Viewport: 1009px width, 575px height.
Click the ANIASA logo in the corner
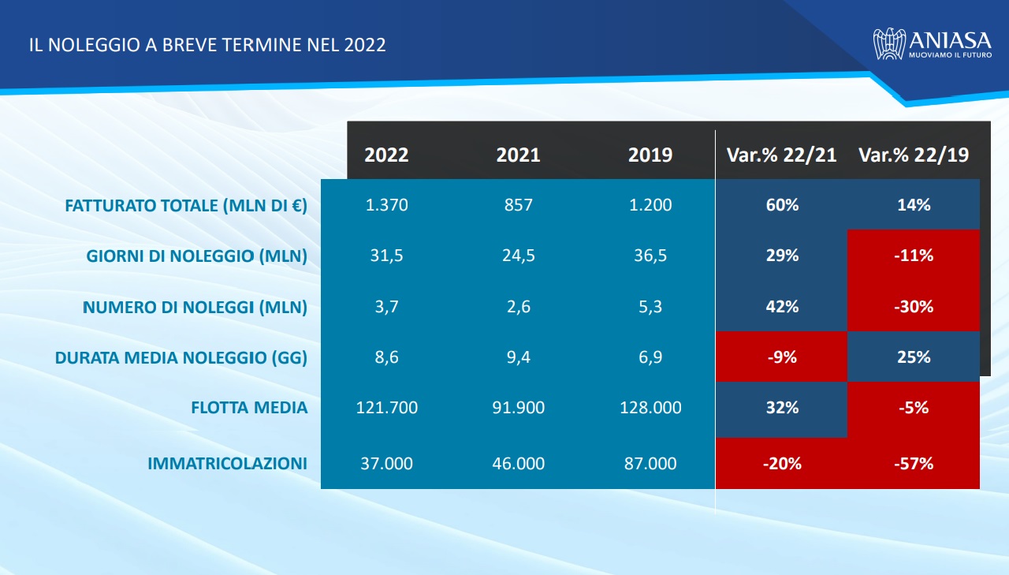[929, 44]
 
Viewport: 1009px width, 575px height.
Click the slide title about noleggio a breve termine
[207, 45]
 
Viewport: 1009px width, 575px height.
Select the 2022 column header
[386, 155]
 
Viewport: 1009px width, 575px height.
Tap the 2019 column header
[650, 155]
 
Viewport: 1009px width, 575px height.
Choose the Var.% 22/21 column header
[781, 155]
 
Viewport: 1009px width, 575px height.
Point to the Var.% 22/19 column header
[913, 155]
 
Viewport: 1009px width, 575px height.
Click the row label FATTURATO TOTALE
[186, 206]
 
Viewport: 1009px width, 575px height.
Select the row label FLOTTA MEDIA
[249, 408]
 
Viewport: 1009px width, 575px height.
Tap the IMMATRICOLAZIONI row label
[227, 464]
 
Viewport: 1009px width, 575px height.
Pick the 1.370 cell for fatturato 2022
[386, 205]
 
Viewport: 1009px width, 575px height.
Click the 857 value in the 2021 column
[519, 205]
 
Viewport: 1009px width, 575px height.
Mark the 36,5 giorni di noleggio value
[650, 256]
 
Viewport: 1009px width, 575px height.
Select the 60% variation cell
[781, 205]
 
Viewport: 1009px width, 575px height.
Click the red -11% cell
[913, 256]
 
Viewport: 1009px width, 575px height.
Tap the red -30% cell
[913, 306]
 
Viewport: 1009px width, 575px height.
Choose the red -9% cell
[781, 357]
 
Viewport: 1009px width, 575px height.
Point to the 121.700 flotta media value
[386, 408]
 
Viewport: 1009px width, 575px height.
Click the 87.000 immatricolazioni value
[650, 464]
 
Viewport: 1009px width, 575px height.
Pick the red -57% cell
[913, 464]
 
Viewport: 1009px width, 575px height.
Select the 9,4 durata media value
[519, 357]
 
